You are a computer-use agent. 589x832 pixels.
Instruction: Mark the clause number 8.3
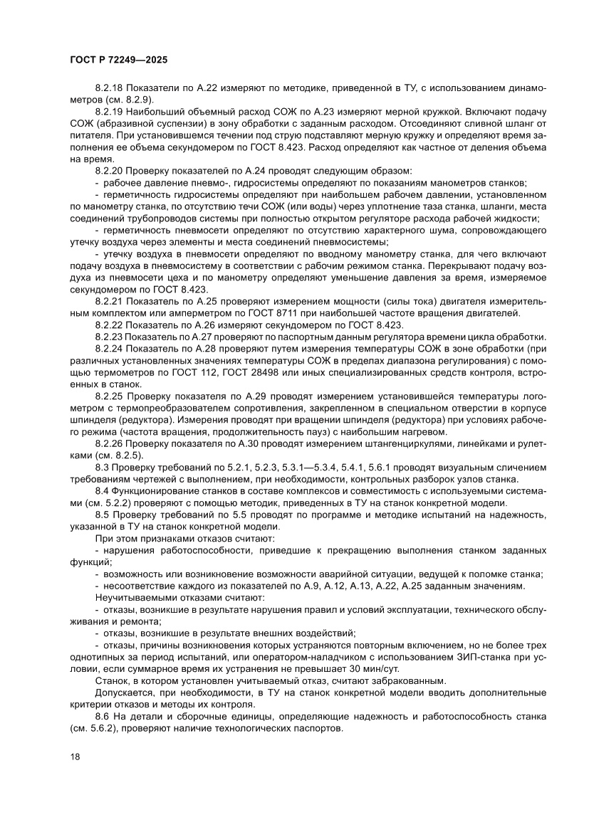(x=103, y=467)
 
